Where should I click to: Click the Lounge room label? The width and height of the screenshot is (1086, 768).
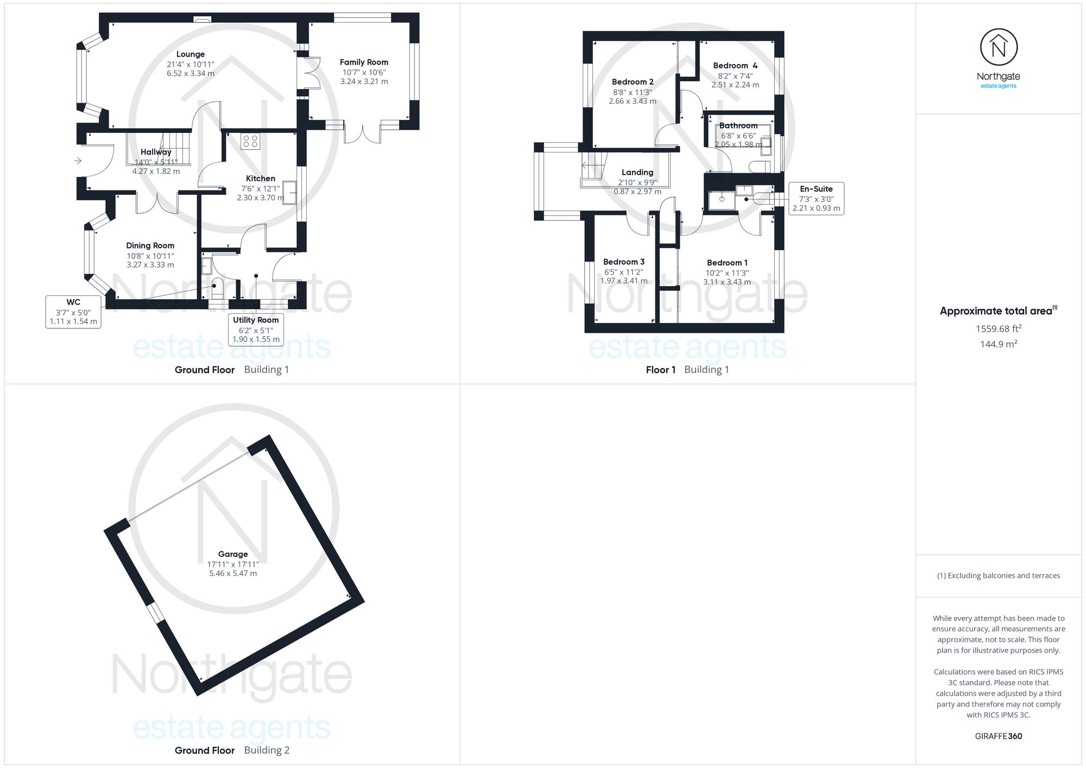(x=190, y=54)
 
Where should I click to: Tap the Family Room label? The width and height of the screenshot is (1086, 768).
(x=364, y=62)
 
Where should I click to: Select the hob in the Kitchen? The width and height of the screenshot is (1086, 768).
(x=250, y=141)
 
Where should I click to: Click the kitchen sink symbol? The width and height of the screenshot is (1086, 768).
(x=289, y=192)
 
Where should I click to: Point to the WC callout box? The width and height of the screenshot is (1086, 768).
(x=73, y=312)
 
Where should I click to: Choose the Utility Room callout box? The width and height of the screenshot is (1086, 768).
(x=256, y=329)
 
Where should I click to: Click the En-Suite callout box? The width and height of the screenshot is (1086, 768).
(x=816, y=198)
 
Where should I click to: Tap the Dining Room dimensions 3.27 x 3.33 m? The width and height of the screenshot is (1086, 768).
(x=150, y=265)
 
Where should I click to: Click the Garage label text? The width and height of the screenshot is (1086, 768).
(x=233, y=554)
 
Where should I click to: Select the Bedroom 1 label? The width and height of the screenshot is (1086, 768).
(x=727, y=263)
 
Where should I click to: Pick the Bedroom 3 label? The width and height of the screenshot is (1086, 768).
(x=624, y=262)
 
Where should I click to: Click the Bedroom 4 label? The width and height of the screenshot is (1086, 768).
(x=735, y=66)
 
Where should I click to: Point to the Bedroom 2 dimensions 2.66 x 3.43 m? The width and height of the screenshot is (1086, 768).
(x=633, y=101)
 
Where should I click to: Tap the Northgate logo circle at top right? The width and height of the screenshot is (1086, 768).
(x=999, y=48)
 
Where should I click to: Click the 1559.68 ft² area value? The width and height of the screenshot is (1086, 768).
(x=999, y=328)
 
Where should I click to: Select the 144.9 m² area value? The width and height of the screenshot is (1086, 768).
(x=999, y=344)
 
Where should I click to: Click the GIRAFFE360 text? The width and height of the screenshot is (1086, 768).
(x=999, y=737)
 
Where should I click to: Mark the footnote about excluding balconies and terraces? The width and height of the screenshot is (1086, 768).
(x=999, y=576)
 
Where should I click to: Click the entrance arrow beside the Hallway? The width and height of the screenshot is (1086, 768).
(x=78, y=161)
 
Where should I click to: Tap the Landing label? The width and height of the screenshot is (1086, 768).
(x=637, y=173)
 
